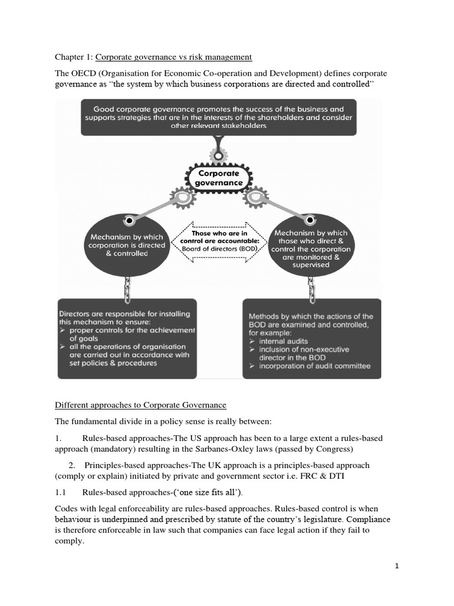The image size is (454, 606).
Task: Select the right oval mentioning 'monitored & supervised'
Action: [312, 244]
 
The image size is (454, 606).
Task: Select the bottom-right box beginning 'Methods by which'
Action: [312, 339]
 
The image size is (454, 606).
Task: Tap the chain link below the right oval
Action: [312, 288]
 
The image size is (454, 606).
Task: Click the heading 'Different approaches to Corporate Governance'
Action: [141, 405]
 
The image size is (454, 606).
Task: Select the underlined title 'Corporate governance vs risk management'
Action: [174, 57]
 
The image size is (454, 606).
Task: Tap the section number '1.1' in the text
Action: [61, 492]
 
